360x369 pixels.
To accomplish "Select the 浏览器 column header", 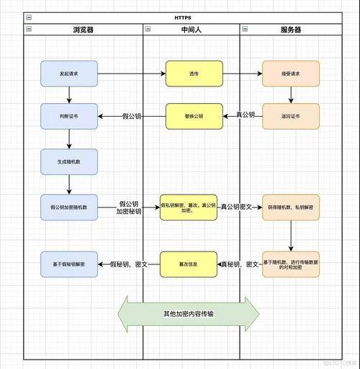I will pyautogui.click(x=83, y=30).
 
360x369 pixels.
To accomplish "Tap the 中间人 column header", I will pyautogui.click(x=191, y=30).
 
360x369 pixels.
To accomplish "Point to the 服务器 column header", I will pyautogui.click(x=290, y=30).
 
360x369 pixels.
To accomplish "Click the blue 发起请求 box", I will pyautogui.click(x=69, y=74).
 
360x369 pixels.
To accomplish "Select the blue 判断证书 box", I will pyautogui.click(x=69, y=116).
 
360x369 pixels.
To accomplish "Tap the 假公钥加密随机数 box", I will pyautogui.click(x=69, y=207).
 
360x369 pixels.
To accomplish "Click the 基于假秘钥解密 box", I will pyautogui.click(x=69, y=264).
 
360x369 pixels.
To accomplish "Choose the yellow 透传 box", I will pyautogui.click(x=194, y=74).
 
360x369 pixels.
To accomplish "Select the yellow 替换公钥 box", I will pyautogui.click(x=194, y=116).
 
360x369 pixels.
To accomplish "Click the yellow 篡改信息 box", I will pyautogui.click(x=188, y=264).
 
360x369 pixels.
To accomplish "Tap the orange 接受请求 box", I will pyautogui.click(x=290, y=74).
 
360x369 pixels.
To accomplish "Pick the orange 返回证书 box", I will pyautogui.click(x=290, y=116).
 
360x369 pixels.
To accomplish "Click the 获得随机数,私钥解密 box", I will pyautogui.click(x=290, y=207).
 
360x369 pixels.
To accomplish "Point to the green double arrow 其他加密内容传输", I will pyautogui.click(x=188, y=314).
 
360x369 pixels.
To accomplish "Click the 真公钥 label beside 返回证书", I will pyautogui.click(x=245, y=115).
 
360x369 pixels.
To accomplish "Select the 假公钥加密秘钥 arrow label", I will pyautogui.click(x=129, y=208).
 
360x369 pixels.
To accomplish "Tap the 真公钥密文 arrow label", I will pyautogui.click(x=237, y=207).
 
